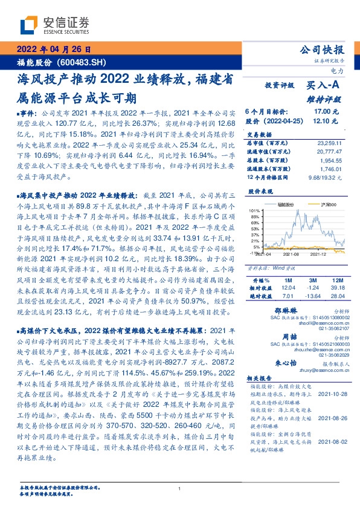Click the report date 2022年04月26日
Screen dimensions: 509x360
54,50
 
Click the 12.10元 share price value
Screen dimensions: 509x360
326,121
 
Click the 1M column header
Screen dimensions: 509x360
287,281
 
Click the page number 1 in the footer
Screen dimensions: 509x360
179,488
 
